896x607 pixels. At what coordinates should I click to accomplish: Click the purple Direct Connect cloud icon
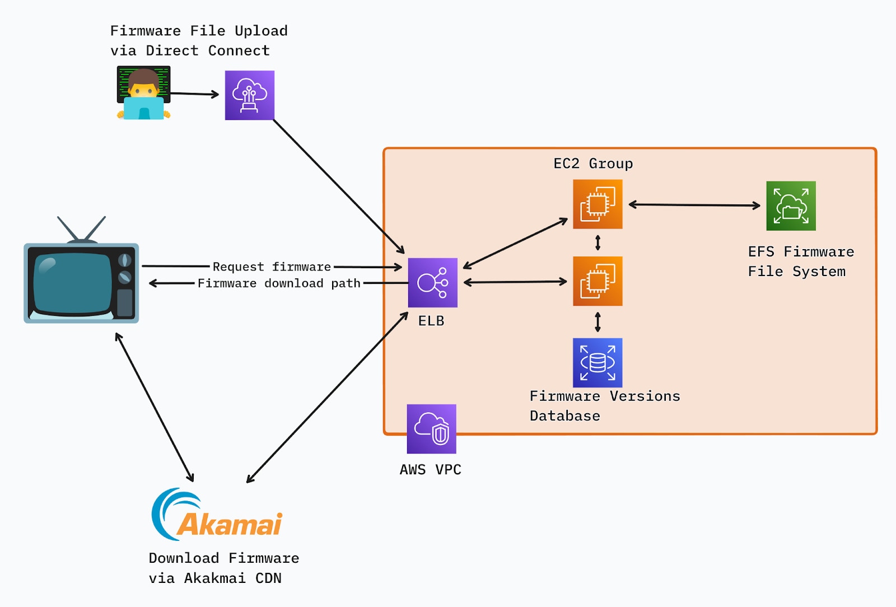[249, 95]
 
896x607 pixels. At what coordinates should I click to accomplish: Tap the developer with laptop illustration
[143, 94]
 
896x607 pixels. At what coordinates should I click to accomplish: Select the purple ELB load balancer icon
[432, 282]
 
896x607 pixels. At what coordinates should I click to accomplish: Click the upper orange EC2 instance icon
[598, 204]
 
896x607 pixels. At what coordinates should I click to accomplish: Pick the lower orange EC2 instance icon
[598, 281]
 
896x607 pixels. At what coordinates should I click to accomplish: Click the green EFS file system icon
[791, 206]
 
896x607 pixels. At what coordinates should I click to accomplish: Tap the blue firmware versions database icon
[598, 362]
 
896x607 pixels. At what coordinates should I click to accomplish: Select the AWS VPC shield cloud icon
[431, 429]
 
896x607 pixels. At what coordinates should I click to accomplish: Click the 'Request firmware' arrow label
[272, 267]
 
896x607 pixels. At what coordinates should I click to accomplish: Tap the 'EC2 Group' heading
[593, 164]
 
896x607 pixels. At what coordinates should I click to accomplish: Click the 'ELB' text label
[431, 321]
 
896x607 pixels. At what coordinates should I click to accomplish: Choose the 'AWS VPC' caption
[430, 470]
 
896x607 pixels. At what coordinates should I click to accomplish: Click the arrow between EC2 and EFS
[694, 205]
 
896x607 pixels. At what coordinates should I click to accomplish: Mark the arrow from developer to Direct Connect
[194, 94]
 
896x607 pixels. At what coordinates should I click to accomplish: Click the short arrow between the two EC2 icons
[598, 242]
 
